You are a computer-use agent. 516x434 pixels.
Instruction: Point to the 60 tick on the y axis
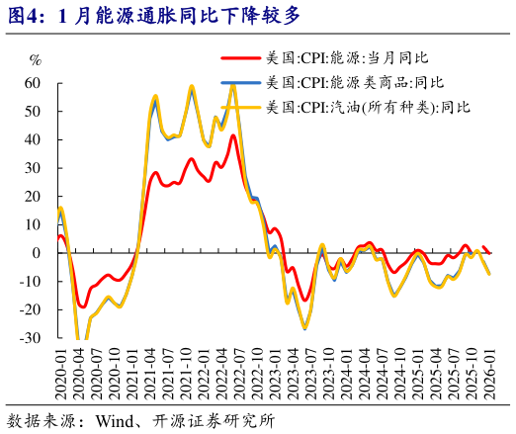tap(33, 83)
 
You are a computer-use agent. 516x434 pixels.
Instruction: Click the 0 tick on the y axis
tap(37, 253)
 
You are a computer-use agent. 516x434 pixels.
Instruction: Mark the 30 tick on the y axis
tap(33, 168)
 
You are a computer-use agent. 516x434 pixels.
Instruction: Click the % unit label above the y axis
tap(37, 60)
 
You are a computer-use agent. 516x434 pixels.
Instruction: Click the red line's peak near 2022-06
tap(233, 135)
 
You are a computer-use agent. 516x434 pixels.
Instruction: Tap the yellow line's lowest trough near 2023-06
tap(304, 329)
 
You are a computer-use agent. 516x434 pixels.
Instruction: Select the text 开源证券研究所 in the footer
tap(223, 419)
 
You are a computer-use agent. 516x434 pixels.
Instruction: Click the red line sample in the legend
tap(240, 60)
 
